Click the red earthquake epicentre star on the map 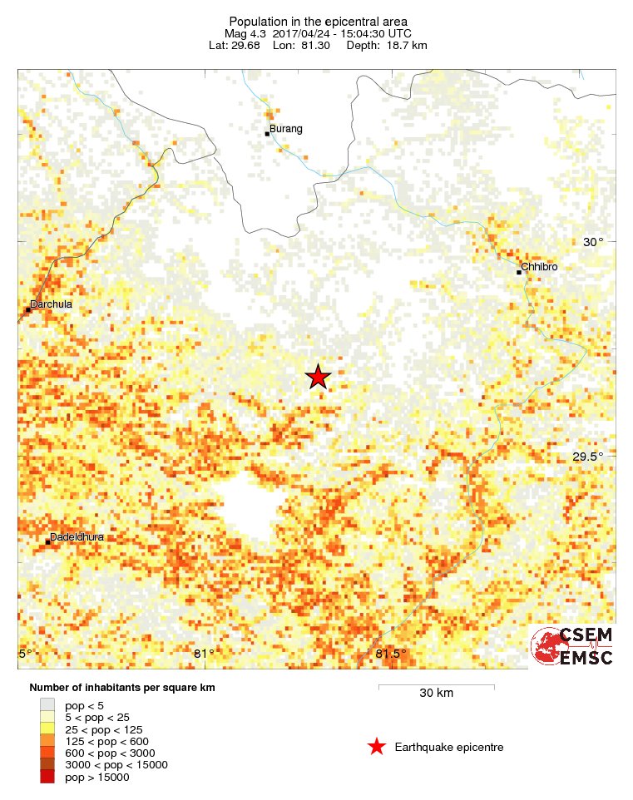tap(318, 378)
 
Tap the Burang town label tap(285, 129)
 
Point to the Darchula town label tap(51, 304)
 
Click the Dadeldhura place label tap(77, 537)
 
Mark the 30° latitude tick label tap(592, 242)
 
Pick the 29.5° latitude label tap(587, 457)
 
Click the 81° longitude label tap(204, 654)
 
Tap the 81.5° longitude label tap(390, 654)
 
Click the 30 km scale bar tap(437, 688)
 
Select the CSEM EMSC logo tap(572, 646)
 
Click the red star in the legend tap(377, 747)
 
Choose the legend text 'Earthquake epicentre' tap(449, 748)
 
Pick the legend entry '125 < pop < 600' tap(106, 741)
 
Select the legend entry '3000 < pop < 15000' tap(116, 765)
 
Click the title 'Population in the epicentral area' tap(318, 21)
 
